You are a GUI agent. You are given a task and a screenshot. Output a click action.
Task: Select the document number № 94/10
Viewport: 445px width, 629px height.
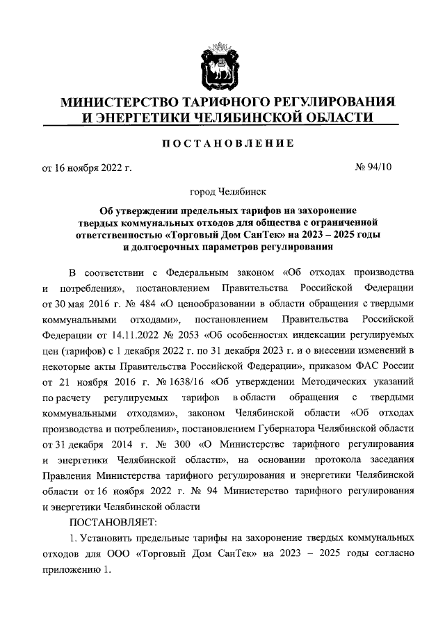(x=375, y=167)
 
